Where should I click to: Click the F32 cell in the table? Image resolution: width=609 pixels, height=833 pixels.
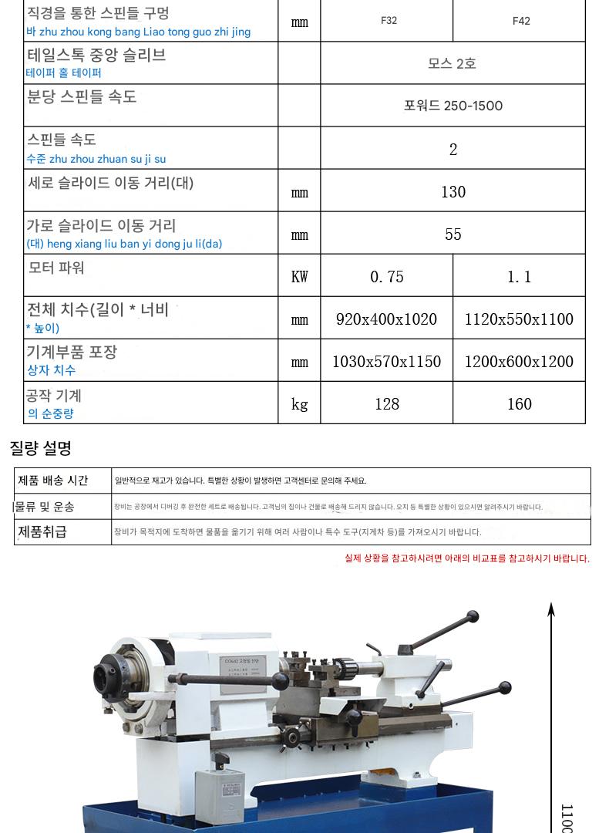(389, 21)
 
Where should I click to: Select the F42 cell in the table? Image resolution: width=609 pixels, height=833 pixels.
(521, 21)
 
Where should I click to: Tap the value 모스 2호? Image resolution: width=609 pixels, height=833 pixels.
(453, 63)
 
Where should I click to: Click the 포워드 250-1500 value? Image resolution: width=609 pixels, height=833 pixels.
(453, 106)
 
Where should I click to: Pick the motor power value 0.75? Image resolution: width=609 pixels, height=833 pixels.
(387, 277)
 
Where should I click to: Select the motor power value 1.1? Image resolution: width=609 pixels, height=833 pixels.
(520, 277)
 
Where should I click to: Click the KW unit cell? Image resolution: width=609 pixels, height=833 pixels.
(299, 277)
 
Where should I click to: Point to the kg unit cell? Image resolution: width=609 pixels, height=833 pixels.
(299, 404)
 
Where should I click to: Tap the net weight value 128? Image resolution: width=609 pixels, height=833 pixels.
(387, 404)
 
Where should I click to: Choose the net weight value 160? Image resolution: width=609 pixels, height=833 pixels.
(520, 404)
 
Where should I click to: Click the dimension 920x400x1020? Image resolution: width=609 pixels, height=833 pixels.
(387, 319)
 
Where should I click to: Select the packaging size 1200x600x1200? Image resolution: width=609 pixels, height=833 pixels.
(520, 362)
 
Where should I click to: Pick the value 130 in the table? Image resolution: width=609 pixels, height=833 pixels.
(453, 192)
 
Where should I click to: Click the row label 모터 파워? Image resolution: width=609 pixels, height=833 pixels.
(56, 268)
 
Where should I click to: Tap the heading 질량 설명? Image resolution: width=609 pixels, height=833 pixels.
(40, 447)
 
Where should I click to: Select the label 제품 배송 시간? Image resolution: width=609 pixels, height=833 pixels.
(53, 481)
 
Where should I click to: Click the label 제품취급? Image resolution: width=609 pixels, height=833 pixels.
(42, 531)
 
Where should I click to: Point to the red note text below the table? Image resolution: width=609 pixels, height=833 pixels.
(466, 558)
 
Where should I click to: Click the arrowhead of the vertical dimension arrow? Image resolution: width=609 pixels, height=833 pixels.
(551, 609)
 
